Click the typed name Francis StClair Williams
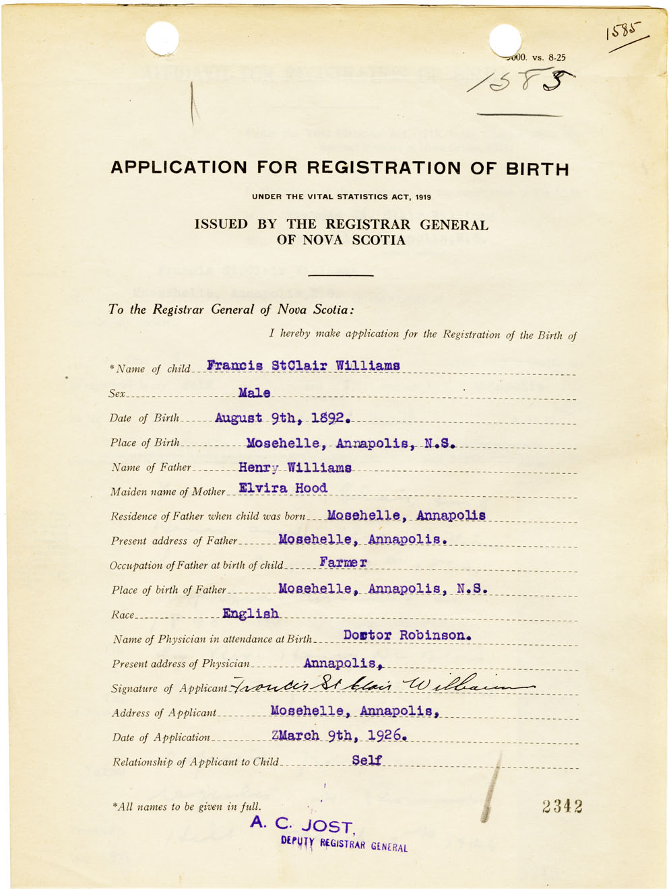[303, 366]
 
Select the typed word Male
[254, 392]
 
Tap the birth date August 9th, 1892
[282, 418]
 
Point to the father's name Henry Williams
[294, 467]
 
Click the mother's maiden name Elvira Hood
[283, 488]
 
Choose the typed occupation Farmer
[343, 562]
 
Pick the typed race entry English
[251, 613]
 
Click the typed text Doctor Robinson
[407, 636]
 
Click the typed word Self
[366, 760]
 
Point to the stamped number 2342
[562, 807]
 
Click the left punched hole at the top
[162, 37]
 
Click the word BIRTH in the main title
[537, 168]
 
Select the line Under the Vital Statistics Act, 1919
[342, 197]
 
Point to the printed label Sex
[117, 394]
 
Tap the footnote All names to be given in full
[187, 807]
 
